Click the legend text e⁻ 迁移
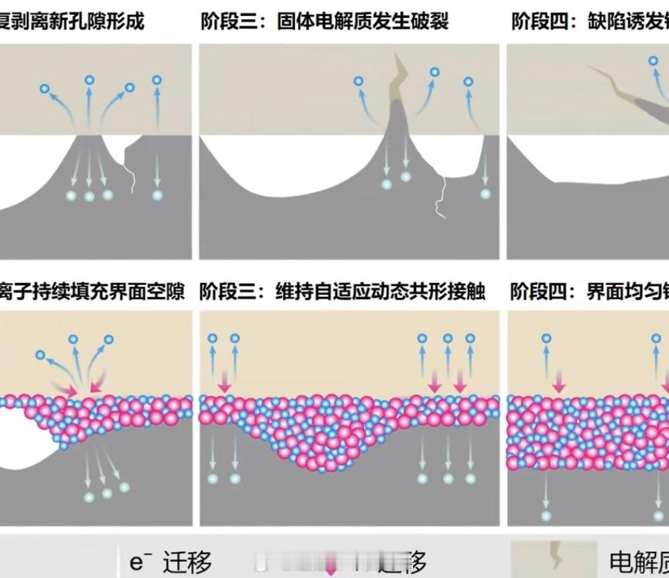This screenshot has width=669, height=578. (170, 561)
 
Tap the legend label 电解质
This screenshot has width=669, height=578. (638, 561)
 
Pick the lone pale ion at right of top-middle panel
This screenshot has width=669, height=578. (485, 194)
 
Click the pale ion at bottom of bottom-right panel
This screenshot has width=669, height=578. (546, 515)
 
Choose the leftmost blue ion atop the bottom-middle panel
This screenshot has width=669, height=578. (213, 339)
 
